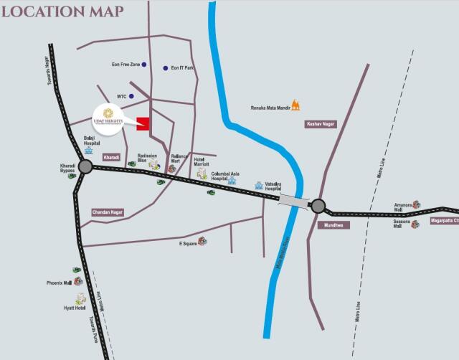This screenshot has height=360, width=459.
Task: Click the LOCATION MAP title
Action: (x=63, y=11)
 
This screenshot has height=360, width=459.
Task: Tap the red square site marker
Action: (x=143, y=123)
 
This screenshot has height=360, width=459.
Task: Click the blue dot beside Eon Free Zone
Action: (x=144, y=65)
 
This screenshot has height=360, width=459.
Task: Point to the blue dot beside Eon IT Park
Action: (x=166, y=68)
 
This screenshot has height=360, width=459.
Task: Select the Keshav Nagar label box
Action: (x=321, y=124)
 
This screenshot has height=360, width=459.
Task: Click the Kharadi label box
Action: (x=111, y=156)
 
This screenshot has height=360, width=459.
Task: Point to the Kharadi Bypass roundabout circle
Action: (x=85, y=167)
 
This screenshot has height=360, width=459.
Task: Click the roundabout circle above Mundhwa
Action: (x=318, y=207)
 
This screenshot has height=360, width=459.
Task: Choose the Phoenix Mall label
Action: (x=59, y=283)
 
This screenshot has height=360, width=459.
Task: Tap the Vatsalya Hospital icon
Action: (x=259, y=185)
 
